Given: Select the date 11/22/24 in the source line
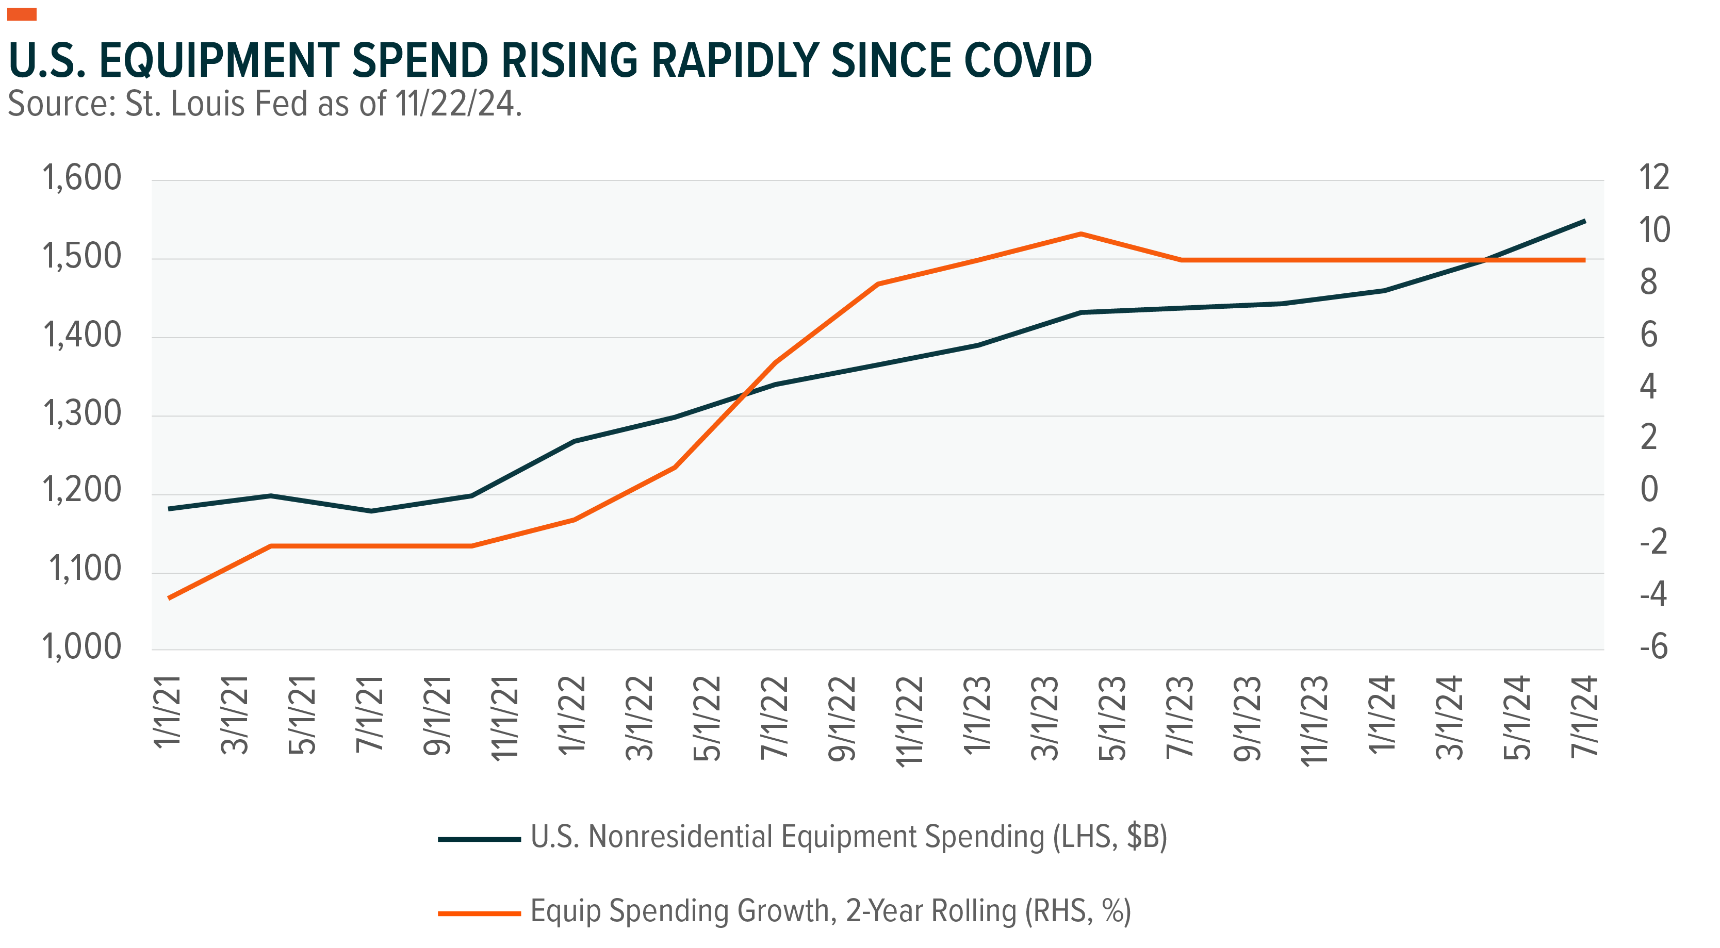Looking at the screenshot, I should click(x=454, y=104).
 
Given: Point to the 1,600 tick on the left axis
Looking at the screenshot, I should click(x=81, y=178).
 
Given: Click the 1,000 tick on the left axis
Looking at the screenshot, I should click(x=81, y=647).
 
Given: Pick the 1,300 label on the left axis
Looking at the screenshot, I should click(x=81, y=414).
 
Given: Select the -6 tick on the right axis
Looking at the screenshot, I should click(x=1653, y=647).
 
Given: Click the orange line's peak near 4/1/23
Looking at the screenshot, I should click(x=1080, y=234).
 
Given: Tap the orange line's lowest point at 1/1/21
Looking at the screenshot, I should click(x=170, y=597).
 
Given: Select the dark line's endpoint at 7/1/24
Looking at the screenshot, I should click(x=1584, y=221).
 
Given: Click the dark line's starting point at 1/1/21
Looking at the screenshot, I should click(x=170, y=509).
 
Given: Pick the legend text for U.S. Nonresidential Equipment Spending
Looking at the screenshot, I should click(x=848, y=838).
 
